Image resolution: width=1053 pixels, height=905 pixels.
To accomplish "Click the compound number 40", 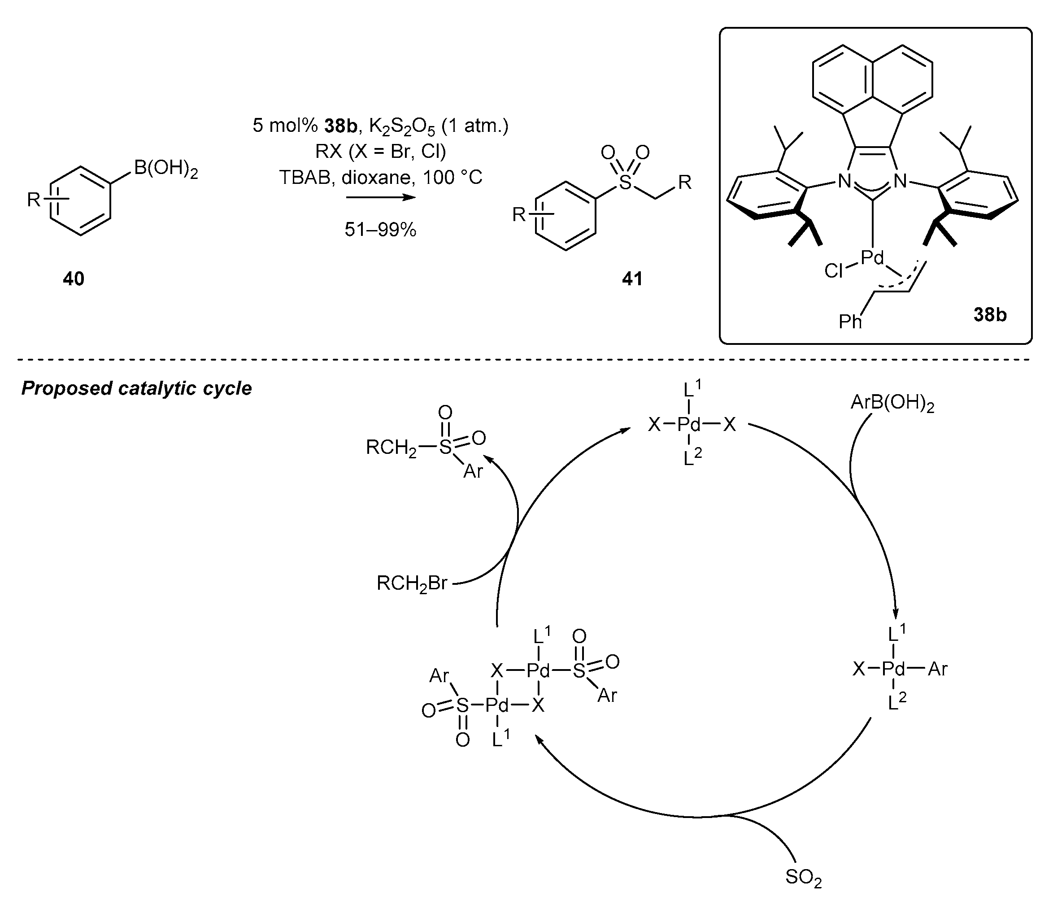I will click(73, 278).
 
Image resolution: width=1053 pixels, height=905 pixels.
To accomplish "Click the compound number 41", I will click(632, 278).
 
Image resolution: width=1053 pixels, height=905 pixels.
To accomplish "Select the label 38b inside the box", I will click(989, 315).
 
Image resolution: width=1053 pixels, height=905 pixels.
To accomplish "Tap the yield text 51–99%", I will click(380, 230).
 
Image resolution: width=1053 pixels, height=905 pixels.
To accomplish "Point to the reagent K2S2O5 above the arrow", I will click(402, 126).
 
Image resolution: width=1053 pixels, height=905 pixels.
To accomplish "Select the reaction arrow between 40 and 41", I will click(380, 198).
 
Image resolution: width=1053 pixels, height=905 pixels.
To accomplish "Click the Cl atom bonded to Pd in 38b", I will click(833, 271).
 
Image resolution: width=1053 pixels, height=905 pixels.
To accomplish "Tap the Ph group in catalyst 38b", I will click(850, 322).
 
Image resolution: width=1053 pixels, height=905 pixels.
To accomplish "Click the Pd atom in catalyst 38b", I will click(872, 258).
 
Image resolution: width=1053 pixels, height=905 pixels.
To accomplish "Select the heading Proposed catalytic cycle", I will click(136, 388).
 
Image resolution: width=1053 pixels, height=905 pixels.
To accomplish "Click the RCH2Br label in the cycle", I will click(412, 584).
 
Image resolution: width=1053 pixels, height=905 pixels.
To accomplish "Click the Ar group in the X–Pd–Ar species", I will click(938, 669).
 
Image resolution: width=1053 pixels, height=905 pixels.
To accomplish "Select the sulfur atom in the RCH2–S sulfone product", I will click(445, 447).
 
